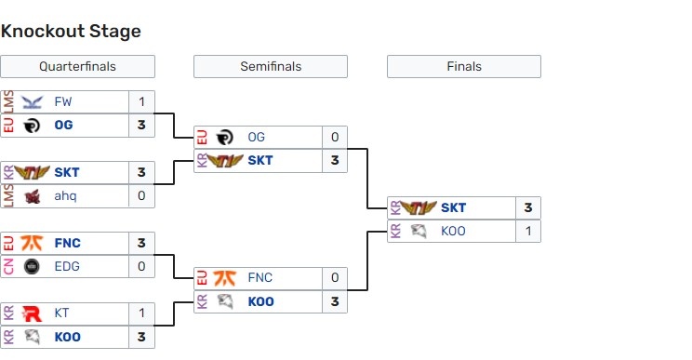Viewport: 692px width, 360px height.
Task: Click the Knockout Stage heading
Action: pos(71,32)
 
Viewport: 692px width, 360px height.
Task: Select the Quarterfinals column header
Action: pos(77,67)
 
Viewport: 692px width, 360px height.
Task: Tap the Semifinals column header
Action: pos(271,67)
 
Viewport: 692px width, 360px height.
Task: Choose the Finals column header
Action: pos(463,67)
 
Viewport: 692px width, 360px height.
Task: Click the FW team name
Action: pos(62,102)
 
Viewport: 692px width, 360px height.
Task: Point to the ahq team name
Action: pos(65,195)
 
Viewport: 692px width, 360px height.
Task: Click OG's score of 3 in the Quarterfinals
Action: pos(141,125)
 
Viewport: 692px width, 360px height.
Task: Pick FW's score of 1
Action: pos(141,102)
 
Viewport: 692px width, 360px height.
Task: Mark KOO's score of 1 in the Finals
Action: pos(527,231)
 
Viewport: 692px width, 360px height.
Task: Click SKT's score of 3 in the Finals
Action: pos(527,208)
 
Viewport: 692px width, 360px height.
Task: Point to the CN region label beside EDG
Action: pos(8,266)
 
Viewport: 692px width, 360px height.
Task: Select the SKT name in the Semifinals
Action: pos(260,160)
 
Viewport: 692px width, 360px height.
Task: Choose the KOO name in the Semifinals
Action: pos(260,301)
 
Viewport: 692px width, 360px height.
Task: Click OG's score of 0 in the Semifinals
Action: pos(334,138)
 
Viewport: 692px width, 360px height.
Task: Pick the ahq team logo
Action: pos(32,195)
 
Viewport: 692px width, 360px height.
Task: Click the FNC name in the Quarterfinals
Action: pos(67,244)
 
